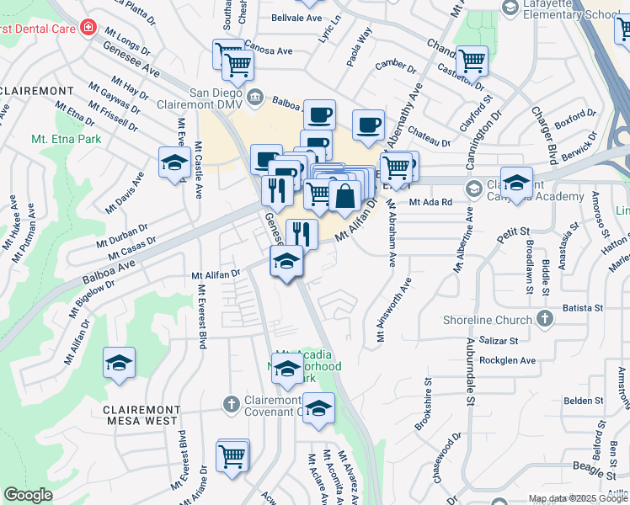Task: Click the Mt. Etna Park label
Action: (66, 139)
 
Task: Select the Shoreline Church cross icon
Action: (545, 319)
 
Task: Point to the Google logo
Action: (28, 495)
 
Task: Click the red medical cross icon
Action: (88, 28)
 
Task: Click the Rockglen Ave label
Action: (507, 360)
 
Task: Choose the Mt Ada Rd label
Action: (430, 202)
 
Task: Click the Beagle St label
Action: (591, 465)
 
